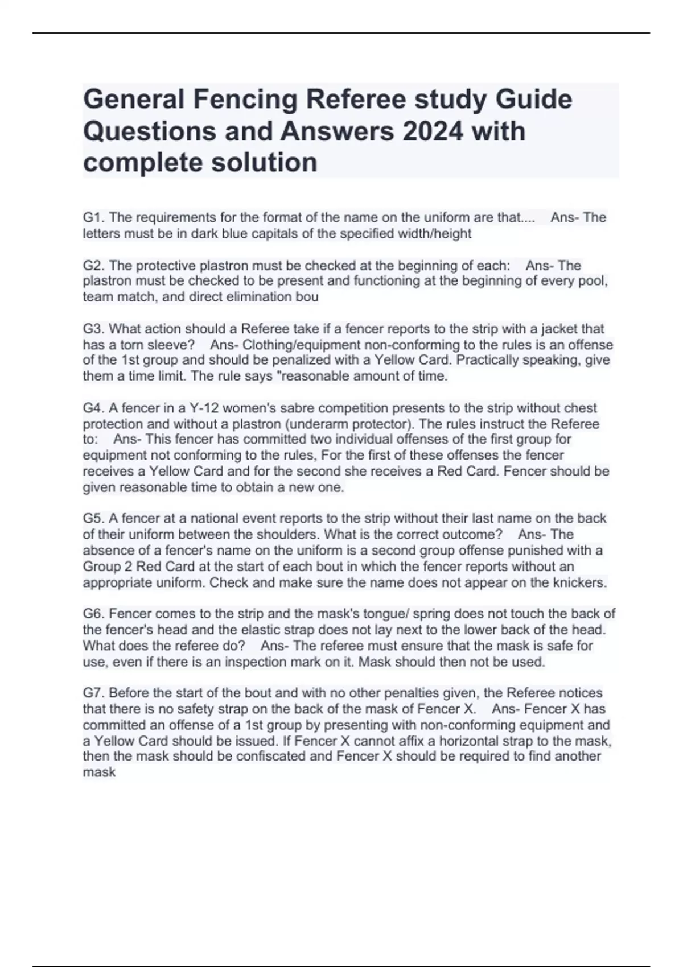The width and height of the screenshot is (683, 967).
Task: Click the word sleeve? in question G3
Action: coord(170,345)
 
